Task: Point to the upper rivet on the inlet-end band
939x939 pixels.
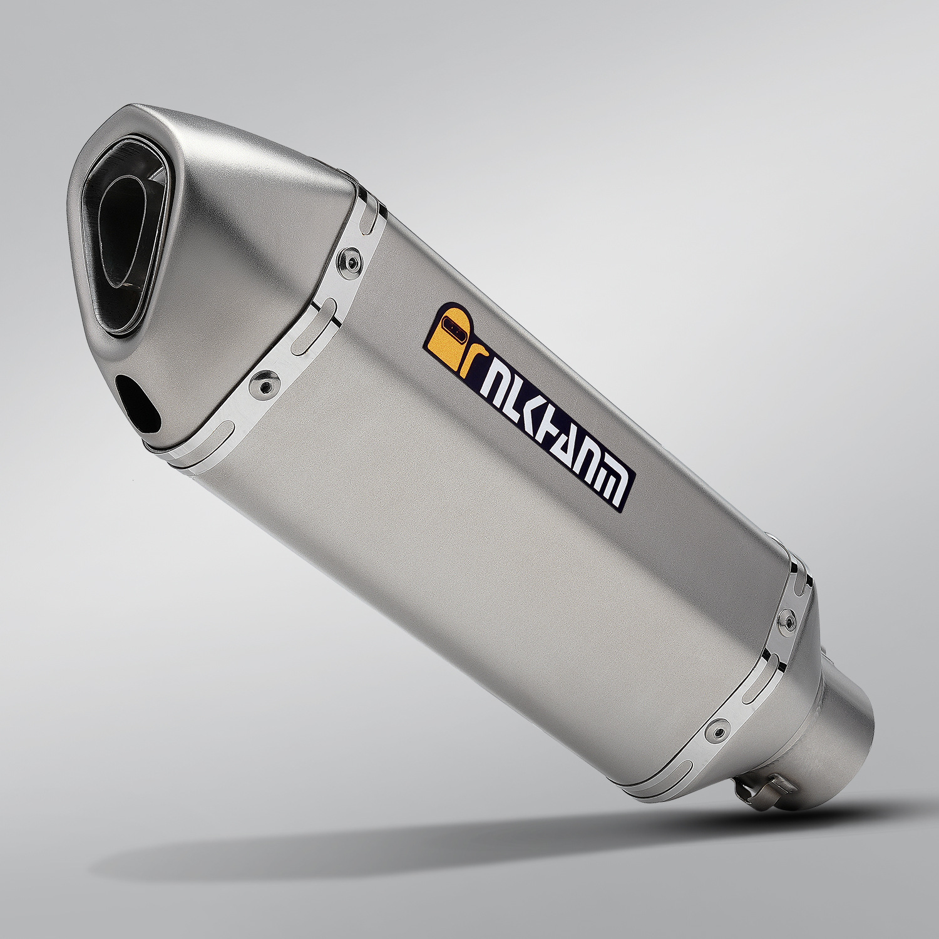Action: pyautogui.click(x=787, y=620)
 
